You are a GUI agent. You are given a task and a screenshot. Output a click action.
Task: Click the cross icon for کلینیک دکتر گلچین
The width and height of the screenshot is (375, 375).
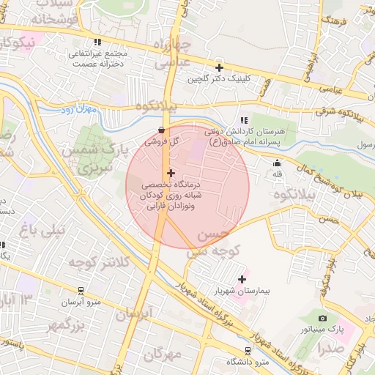click(x=218, y=67)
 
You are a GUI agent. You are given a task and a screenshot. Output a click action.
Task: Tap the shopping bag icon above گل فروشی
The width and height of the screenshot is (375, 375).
click(x=161, y=130)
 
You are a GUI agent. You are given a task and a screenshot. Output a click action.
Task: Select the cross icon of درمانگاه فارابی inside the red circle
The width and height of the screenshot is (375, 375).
click(x=171, y=174)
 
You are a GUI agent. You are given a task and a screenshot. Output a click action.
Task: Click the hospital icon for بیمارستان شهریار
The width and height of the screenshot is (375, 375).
click(x=242, y=279)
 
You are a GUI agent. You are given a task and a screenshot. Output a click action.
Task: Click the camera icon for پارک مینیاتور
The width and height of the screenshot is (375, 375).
click(x=322, y=318)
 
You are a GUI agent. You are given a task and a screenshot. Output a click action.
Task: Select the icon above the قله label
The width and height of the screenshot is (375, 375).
click(x=277, y=163)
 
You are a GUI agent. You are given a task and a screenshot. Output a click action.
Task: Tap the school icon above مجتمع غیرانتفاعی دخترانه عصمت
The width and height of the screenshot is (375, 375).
click(x=97, y=42)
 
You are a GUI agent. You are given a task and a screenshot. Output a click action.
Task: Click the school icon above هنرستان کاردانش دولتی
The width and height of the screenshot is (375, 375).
click(x=244, y=120)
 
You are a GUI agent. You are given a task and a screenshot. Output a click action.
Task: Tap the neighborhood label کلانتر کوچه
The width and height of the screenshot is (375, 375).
click(x=97, y=261)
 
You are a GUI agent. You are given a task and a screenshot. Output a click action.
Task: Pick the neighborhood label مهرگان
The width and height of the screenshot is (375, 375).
click(x=163, y=354)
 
